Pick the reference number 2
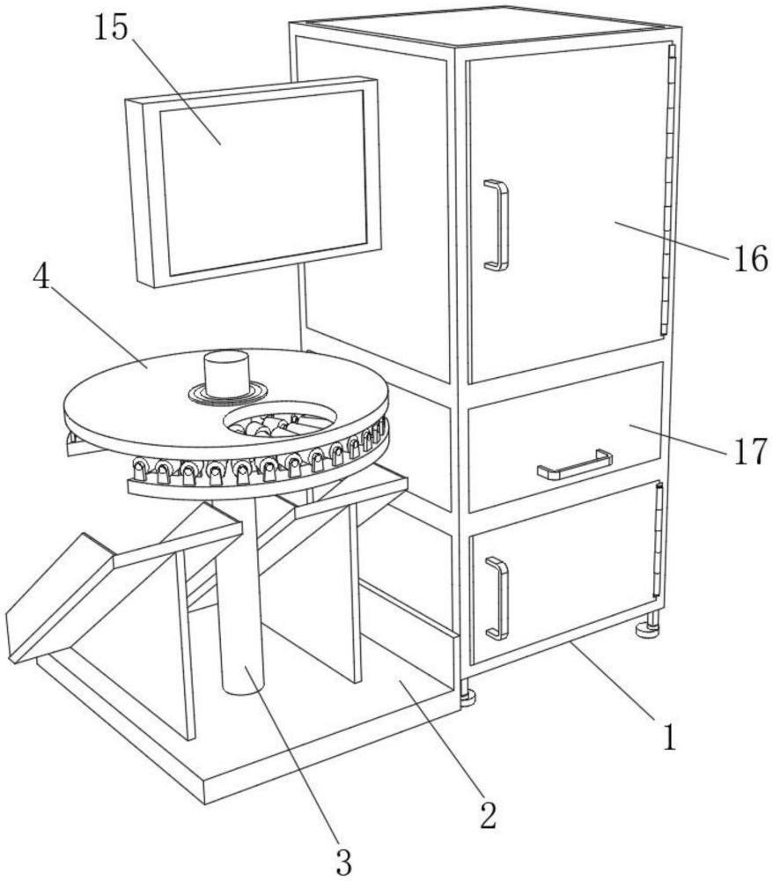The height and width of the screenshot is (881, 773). [487, 816]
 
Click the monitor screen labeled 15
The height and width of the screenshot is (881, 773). [262, 182]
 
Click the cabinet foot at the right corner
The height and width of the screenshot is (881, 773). [650, 627]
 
